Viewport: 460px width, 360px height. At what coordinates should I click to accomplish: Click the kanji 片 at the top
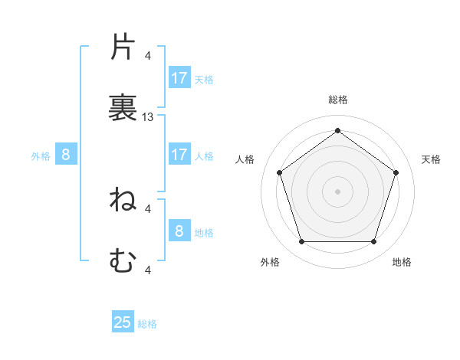click(x=123, y=48)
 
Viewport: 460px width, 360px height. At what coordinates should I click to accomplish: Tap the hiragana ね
click(x=123, y=200)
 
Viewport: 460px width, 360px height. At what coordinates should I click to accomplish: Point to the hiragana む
click(x=123, y=261)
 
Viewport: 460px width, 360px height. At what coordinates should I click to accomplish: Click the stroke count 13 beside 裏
click(x=148, y=117)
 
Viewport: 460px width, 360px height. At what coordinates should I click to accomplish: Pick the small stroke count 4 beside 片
click(x=148, y=56)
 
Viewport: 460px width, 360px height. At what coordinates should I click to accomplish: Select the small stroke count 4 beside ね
click(x=148, y=208)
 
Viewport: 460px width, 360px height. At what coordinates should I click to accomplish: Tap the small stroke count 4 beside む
click(x=148, y=270)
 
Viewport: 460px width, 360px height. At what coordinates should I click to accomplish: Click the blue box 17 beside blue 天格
click(x=179, y=78)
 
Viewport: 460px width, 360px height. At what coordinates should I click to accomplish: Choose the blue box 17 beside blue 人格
click(x=179, y=155)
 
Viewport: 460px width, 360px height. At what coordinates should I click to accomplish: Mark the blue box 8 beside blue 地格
click(x=179, y=231)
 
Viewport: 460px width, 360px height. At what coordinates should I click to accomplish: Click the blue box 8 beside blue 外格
click(x=66, y=155)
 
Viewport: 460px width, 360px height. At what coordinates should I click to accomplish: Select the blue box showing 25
click(x=123, y=322)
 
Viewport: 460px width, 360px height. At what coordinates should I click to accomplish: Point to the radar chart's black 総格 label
click(x=337, y=100)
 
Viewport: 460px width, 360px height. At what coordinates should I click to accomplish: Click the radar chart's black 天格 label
click(x=431, y=159)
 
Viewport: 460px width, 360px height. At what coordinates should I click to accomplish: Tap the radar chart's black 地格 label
click(x=402, y=262)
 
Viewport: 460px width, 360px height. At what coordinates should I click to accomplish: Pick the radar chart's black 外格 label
click(x=270, y=262)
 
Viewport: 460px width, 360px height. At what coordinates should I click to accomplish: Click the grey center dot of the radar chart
click(x=337, y=191)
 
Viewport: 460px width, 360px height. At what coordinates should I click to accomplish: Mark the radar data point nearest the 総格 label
click(x=337, y=130)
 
